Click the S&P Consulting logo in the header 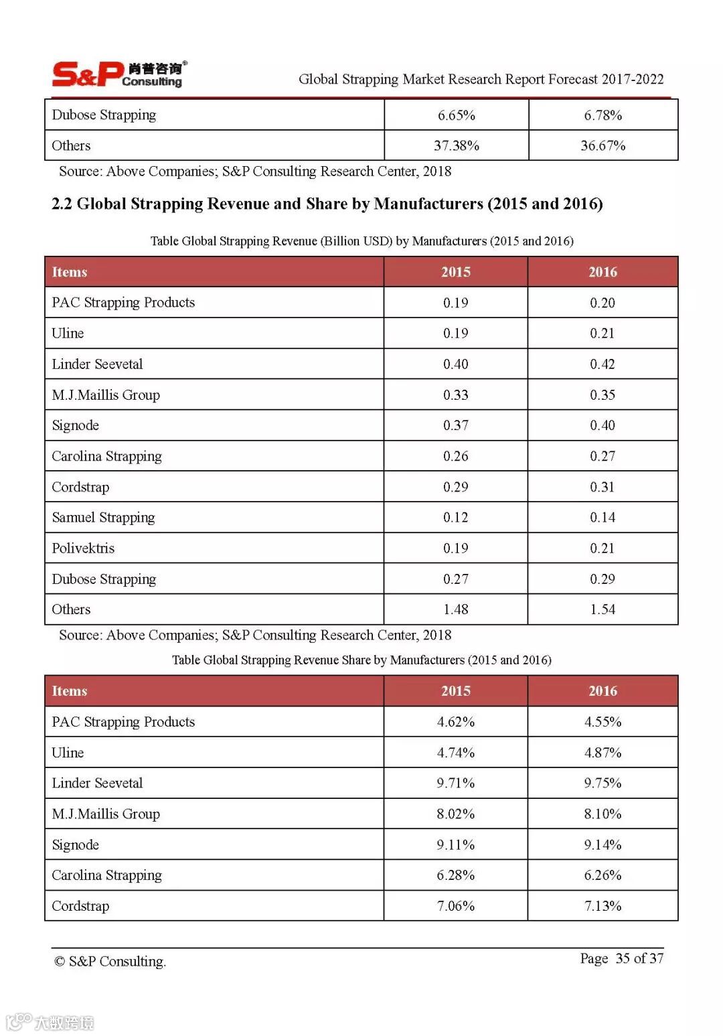coord(118,74)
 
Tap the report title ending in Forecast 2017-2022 coord(481,79)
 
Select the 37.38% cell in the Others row coord(456,145)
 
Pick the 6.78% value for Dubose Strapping coord(602,115)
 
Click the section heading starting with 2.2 coord(327,204)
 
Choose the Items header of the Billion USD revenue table coord(70,272)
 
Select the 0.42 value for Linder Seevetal coord(602,364)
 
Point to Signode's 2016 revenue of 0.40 coord(602,425)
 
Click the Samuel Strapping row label coord(103,518)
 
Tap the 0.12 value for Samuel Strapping coord(455,518)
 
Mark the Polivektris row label coord(83,548)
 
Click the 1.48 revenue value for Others coord(455,609)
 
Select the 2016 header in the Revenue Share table coord(602,691)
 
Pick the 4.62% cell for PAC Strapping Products coord(455,722)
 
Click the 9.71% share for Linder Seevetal coord(455,783)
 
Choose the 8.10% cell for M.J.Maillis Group coord(602,814)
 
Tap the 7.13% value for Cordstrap coord(602,906)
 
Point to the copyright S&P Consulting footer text coord(110,962)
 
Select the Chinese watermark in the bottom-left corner coord(50,1022)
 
